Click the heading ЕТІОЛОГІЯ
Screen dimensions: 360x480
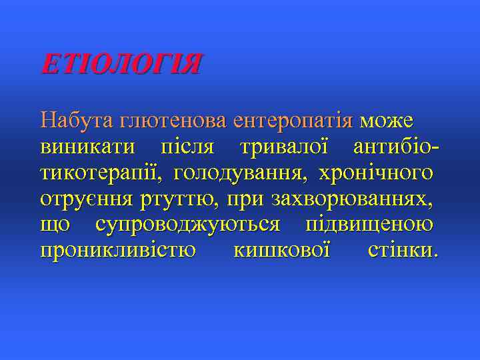pos(120,65)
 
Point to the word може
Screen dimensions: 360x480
pos(387,121)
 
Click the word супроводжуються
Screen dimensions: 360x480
pos(188,225)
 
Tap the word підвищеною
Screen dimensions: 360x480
pos(369,225)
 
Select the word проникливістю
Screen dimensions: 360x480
pos(118,251)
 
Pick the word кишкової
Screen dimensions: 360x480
pos(283,251)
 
